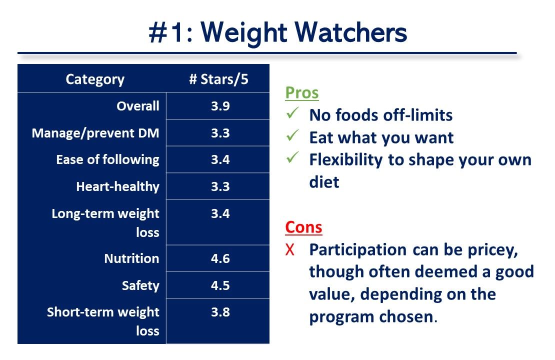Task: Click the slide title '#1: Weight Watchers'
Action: (x=277, y=33)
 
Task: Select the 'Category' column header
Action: (x=95, y=79)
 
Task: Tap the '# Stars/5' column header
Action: (x=218, y=79)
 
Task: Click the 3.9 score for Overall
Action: (x=220, y=106)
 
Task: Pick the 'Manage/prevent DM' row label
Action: (x=95, y=133)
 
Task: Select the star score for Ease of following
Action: (x=220, y=160)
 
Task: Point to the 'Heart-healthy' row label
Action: (x=117, y=187)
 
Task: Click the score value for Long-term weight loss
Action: (x=220, y=214)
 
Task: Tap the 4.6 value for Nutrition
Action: (x=220, y=258)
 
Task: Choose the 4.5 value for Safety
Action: (x=220, y=285)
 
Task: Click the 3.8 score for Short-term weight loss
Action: (x=220, y=312)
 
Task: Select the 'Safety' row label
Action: (x=140, y=285)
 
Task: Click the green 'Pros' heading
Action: (x=302, y=93)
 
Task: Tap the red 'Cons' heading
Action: (x=303, y=227)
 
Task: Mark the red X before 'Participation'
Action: (x=290, y=250)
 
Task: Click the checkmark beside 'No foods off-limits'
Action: (x=292, y=114)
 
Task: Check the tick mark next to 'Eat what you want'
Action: (x=292, y=136)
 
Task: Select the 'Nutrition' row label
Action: (x=131, y=258)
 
